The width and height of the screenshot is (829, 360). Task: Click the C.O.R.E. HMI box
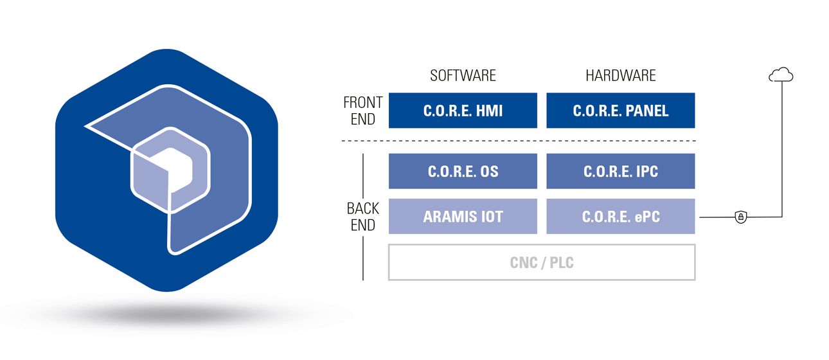[x=463, y=111]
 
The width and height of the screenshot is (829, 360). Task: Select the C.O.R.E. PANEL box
[x=620, y=111]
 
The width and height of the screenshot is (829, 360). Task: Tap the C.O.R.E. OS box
[x=463, y=171]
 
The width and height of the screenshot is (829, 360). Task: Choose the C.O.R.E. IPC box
[x=620, y=171]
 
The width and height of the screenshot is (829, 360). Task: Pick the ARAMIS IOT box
[x=463, y=217]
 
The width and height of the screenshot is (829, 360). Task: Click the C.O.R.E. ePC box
[x=620, y=217]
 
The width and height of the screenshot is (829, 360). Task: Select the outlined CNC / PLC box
[x=542, y=262]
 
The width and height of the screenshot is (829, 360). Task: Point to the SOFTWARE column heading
[x=463, y=76]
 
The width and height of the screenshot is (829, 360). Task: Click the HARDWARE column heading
[x=620, y=76]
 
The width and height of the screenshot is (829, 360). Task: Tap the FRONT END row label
[x=363, y=111]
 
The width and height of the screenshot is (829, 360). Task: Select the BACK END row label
[x=363, y=217]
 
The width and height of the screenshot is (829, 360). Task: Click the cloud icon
[x=781, y=76]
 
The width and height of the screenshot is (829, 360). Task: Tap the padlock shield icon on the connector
[x=741, y=217]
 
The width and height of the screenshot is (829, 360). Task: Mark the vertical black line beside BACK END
[x=364, y=257]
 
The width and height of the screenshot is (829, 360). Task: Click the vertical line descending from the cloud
[x=781, y=148]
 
